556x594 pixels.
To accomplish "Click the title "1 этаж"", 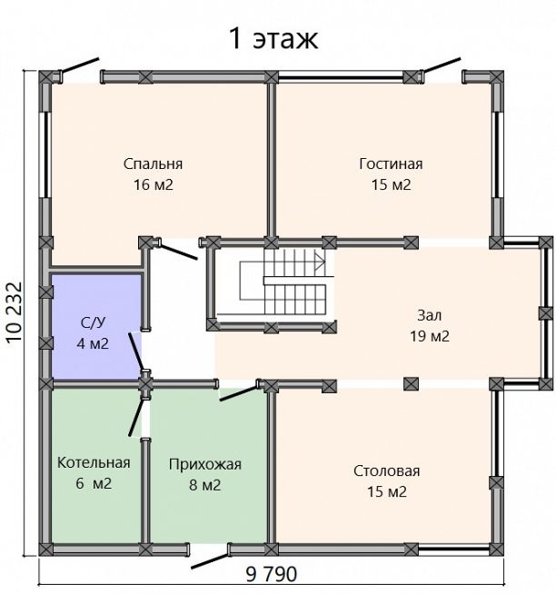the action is point(273,38).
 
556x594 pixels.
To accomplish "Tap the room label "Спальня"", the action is point(153,164).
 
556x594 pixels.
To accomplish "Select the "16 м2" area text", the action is point(154,184).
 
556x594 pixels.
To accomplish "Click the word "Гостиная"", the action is point(391,163).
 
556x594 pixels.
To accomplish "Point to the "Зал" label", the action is point(429,315).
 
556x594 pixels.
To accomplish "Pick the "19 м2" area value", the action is point(430,336).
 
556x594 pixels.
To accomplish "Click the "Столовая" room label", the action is point(387,470).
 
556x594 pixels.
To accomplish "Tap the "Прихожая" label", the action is point(205,464).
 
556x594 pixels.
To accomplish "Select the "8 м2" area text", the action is point(204,485).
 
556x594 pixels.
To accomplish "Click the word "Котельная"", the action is point(94,462).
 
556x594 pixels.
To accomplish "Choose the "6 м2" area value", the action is point(94,483).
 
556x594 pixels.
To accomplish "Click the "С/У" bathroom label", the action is point(93,322).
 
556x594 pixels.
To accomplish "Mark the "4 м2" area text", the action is point(93,343).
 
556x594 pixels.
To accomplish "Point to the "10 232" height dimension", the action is point(15,312).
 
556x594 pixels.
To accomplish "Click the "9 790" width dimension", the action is point(272,574).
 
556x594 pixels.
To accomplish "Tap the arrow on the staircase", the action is point(320,262).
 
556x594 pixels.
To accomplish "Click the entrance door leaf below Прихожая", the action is point(210,561).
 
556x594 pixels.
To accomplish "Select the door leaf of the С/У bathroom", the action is point(135,351).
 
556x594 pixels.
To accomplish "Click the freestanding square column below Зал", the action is point(411,384).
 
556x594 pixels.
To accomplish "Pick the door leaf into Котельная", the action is point(136,417).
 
